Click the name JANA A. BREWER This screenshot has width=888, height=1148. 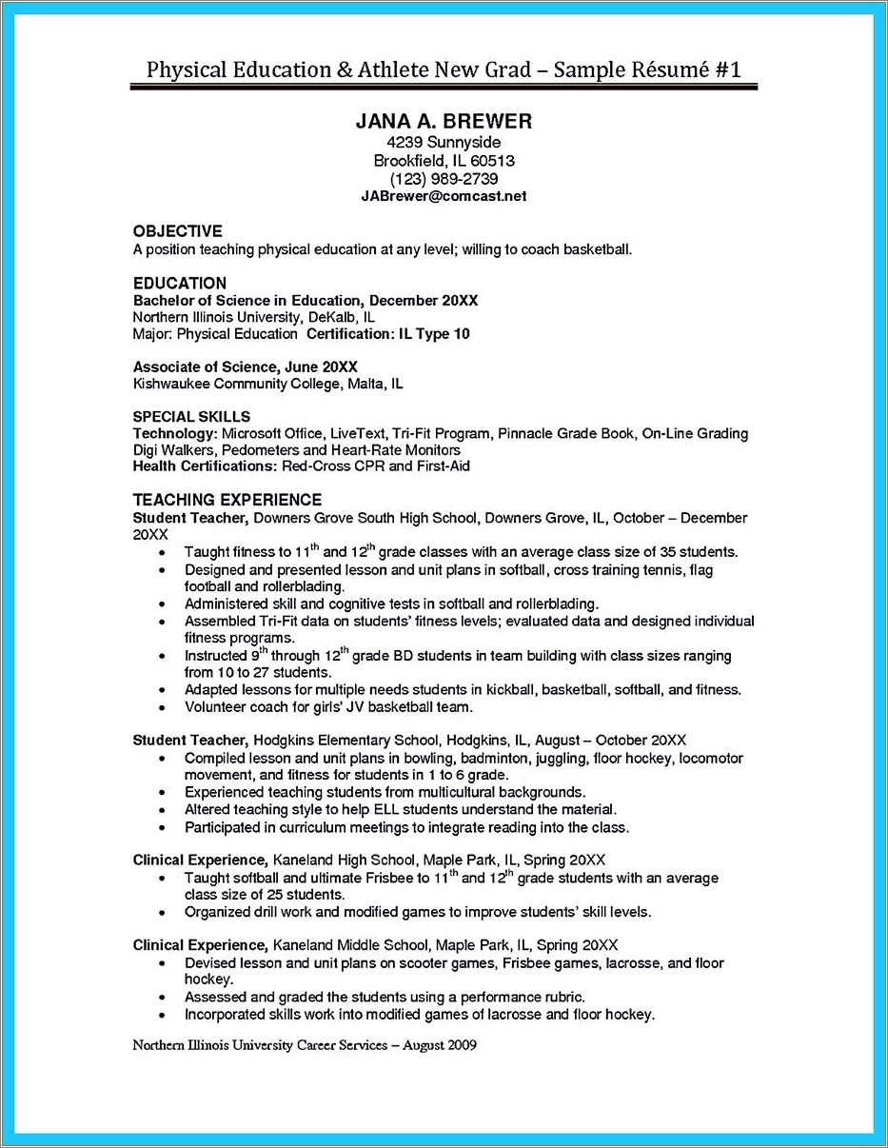444,122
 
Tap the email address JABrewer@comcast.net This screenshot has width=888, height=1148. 444,196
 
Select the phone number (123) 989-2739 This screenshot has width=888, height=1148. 444,179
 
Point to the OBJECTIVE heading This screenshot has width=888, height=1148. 177,230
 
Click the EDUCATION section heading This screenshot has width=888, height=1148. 179,283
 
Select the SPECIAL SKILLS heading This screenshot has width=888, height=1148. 191,416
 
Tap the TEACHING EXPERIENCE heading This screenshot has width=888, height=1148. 227,499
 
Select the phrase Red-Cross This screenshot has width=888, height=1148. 314,466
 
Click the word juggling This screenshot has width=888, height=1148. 555,759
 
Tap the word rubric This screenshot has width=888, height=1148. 562,997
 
